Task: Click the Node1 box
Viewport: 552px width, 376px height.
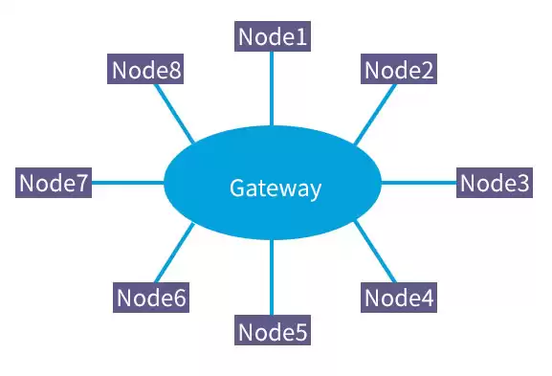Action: (273, 37)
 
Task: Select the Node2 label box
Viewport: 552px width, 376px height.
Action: (399, 70)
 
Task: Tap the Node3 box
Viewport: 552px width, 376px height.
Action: (494, 183)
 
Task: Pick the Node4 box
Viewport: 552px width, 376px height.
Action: (399, 298)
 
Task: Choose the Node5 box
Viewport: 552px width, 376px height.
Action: (273, 332)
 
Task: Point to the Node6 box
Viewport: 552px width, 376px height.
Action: (150, 298)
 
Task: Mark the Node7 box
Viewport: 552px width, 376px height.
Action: (55, 183)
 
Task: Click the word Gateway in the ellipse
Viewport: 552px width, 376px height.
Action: (275, 188)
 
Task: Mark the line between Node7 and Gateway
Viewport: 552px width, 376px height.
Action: (128, 183)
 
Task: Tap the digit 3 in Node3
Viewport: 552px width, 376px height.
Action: (521, 183)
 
